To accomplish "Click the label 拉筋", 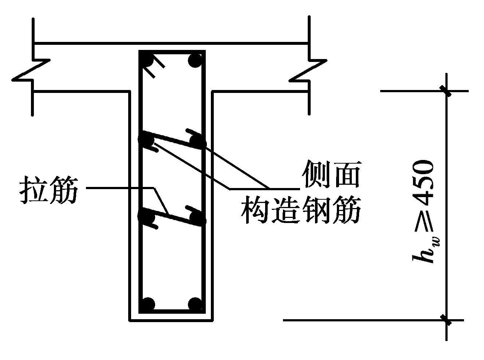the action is point(48,190).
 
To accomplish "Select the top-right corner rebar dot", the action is point(195,60).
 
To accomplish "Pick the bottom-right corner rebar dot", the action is point(194,304).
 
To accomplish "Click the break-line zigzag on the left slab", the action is point(31,70).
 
